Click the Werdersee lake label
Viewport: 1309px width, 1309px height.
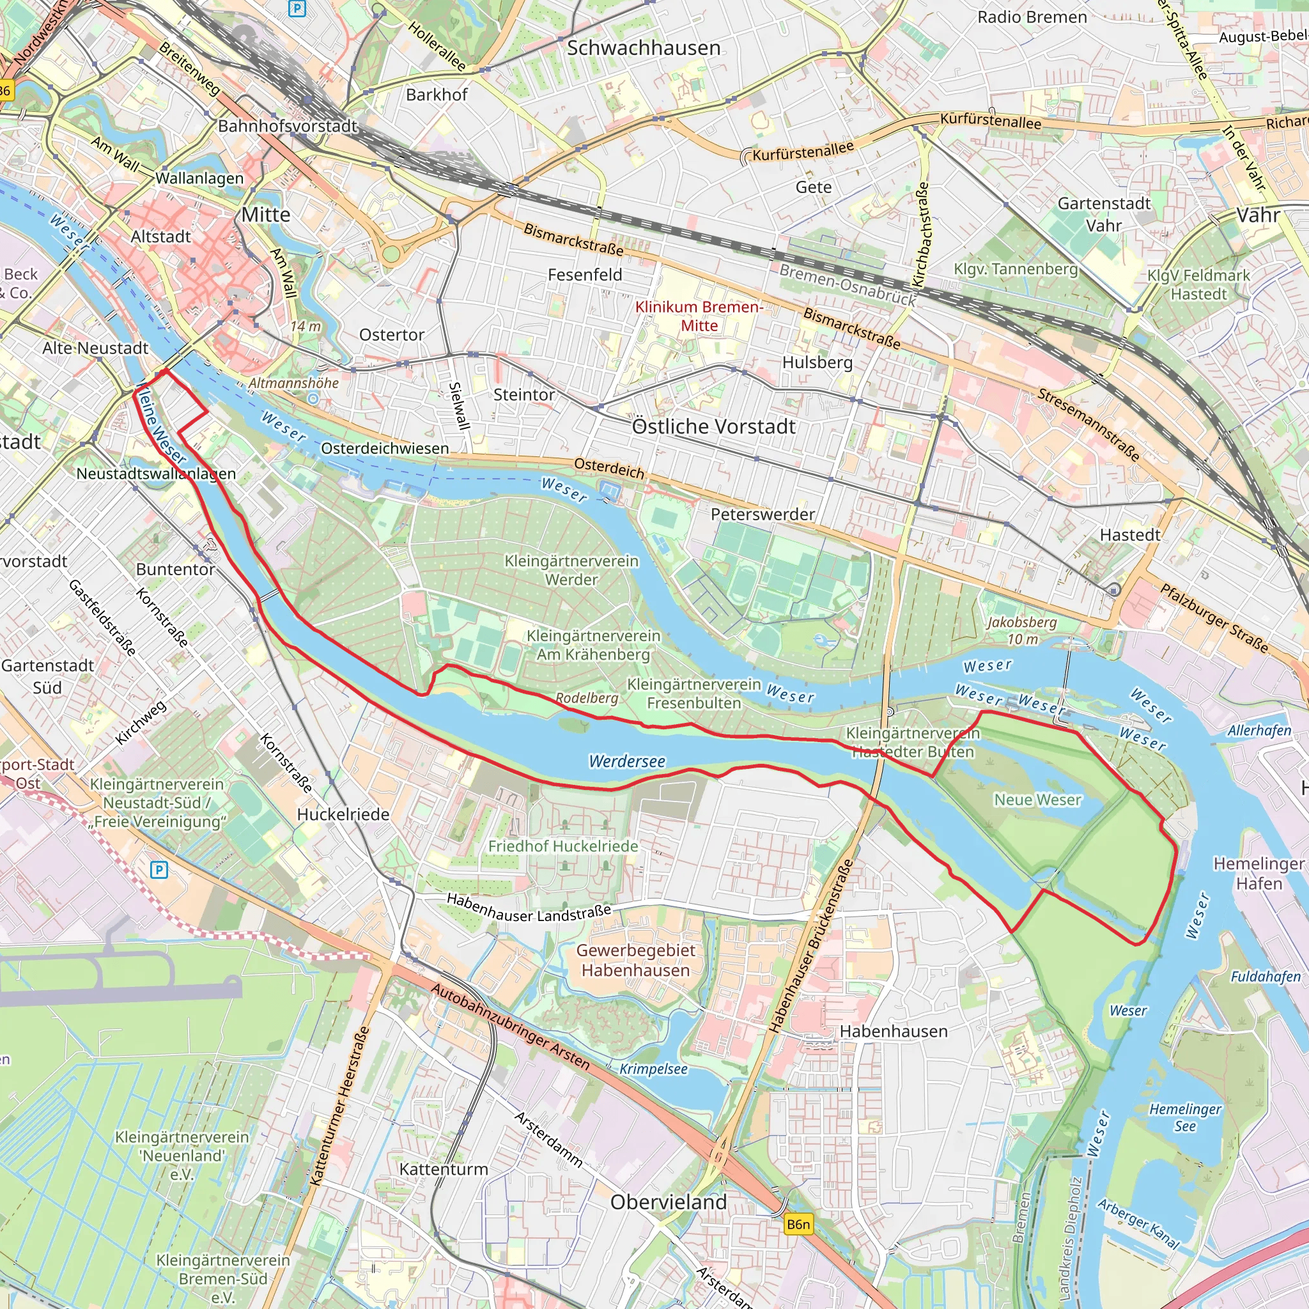627,761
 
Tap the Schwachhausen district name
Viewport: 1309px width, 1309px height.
643,48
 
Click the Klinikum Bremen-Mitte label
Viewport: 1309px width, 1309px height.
699,316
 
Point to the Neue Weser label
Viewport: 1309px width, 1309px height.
1037,800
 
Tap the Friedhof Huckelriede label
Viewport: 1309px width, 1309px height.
563,846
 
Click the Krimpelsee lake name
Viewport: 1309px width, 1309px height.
653,1069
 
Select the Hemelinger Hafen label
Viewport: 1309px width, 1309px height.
1258,873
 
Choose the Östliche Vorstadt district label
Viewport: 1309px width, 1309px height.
713,427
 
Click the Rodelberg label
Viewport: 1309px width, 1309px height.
587,698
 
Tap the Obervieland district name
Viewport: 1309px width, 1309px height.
668,1202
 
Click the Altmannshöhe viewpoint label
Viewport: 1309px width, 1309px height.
293,383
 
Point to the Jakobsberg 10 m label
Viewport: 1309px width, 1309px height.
1022,630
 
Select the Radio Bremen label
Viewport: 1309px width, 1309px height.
1031,18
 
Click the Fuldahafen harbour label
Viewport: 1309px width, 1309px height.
1265,977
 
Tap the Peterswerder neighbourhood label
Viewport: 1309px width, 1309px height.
763,515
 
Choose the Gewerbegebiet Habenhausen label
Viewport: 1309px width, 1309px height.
635,960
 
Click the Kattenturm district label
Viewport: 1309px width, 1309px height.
443,1170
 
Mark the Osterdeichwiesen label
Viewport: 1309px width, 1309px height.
385,449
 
